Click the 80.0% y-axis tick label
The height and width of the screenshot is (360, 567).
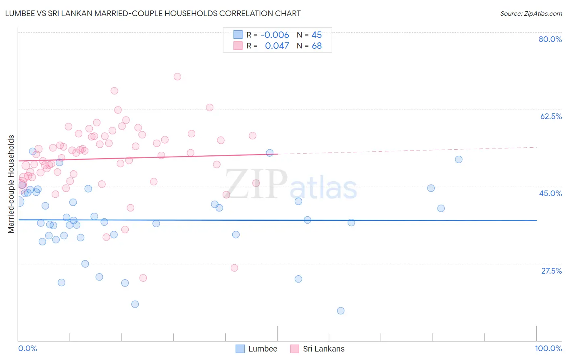[550, 39]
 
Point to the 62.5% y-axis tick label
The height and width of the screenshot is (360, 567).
[551, 116]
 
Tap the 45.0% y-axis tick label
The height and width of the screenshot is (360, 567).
[550, 193]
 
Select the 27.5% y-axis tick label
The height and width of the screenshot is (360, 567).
[551, 271]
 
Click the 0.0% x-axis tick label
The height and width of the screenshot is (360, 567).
[27, 348]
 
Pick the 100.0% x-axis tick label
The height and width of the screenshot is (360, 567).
[548, 348]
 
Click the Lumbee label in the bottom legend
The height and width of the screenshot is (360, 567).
[263, 349]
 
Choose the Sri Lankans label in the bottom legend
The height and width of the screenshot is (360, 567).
[323, 349]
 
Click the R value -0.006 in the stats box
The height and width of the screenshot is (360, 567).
[275, 35]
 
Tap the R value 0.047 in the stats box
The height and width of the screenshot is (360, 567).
[277, 46]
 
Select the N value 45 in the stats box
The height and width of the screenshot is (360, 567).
[317, 35]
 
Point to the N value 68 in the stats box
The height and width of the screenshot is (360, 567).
[317, 46]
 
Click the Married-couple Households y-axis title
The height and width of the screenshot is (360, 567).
[11, 184]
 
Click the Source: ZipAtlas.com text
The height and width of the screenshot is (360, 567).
[531, 13]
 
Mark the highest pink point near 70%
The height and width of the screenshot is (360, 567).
[177, 77]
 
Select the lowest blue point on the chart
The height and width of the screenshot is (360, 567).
[341, 311]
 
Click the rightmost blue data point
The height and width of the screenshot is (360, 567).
[459, 159]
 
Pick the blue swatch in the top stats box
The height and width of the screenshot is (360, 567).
[238, 35]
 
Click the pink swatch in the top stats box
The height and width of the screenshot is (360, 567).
[238, 46]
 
